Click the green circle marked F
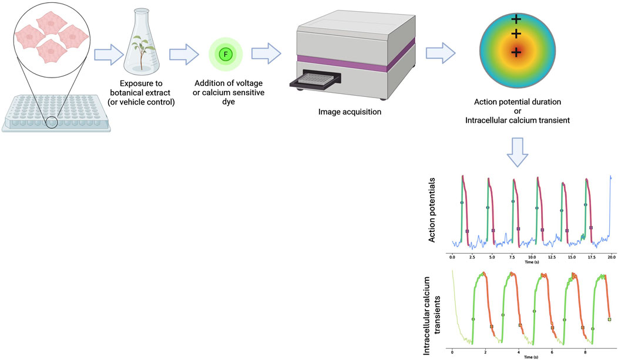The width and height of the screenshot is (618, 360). coord(224,55)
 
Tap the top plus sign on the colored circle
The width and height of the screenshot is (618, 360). coord(516,19)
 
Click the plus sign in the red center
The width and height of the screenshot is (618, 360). coord(516,53)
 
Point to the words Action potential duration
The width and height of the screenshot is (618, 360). coord(518,102)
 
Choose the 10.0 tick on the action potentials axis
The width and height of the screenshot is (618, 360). coord(532,257)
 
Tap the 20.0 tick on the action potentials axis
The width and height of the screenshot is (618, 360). coord(611,257)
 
